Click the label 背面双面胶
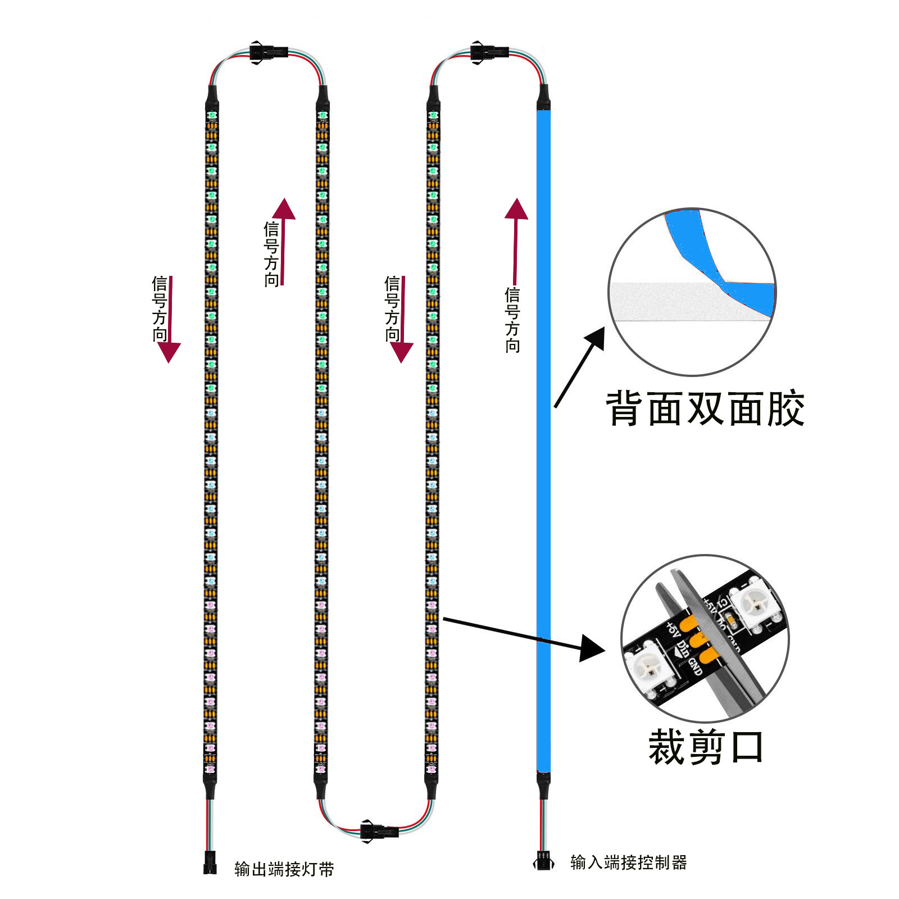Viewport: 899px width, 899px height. point(705,409)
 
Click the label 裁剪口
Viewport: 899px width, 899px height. point(706,747)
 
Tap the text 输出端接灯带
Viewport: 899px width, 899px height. point(284,869)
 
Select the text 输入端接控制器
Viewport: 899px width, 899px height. point(628,862)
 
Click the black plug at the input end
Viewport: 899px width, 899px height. point(543,861)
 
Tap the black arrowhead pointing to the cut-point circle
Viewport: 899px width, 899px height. point(591,648)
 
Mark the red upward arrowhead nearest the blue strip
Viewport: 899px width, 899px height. point(516,209)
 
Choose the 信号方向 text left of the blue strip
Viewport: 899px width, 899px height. point(512,320)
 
